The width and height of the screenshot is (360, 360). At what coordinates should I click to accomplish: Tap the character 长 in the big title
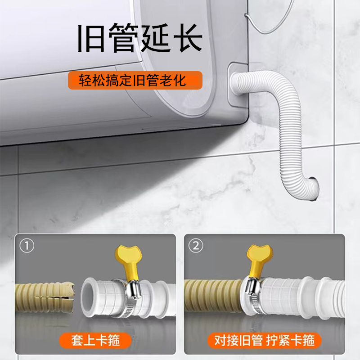coord(185,38)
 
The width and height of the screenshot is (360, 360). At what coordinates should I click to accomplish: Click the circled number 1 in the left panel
coord(27,246)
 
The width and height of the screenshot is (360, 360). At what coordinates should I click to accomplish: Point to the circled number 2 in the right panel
coord(197,246)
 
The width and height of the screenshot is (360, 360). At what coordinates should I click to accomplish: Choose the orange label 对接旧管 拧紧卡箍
coord(264,338)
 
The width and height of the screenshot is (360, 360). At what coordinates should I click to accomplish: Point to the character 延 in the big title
coord(154,38)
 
